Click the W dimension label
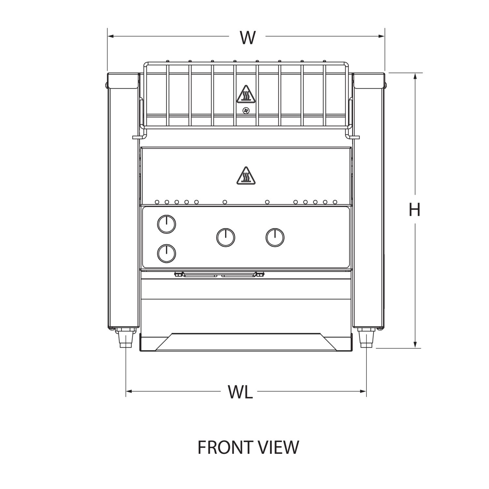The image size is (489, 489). [x=247, y=37]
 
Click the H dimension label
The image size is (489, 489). [x=413, y=209]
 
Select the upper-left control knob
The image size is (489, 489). [x=166, y=224]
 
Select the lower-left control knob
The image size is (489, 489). [x=166, y=253]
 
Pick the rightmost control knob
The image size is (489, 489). [x=275, y=237]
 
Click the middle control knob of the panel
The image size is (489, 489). [x=226, y=237]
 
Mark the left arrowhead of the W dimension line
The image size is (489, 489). [x=110, y=37]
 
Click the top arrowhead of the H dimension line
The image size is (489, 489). [x=415, y=76]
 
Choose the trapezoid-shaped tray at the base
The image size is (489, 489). [x=245, y=342]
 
